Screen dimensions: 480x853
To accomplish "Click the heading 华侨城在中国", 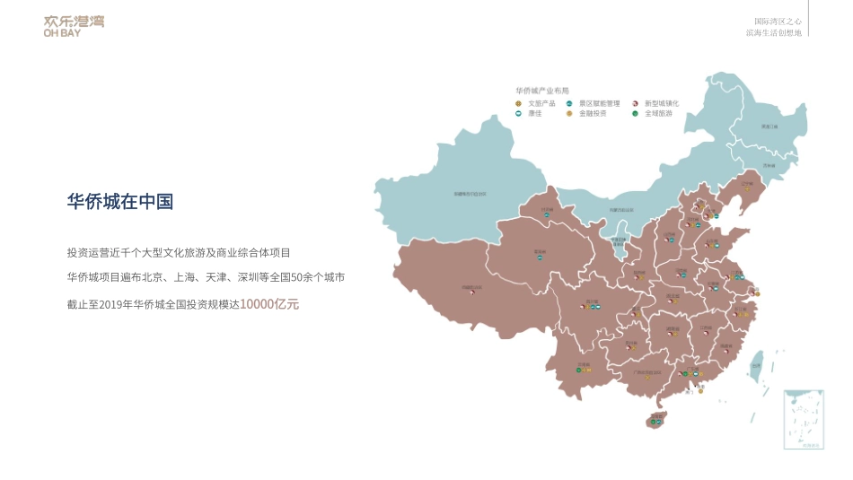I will (119, 202).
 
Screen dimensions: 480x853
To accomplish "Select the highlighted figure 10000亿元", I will (269, 304).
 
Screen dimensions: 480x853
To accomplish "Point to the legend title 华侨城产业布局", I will (542, 91).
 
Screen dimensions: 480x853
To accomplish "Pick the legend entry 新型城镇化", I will (661, 103).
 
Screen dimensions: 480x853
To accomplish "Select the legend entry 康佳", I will (534, 114).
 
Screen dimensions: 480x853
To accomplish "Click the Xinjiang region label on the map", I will (469, 193).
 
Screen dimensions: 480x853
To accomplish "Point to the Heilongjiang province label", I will (769, 127).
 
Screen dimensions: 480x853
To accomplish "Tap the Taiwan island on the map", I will (756, 363).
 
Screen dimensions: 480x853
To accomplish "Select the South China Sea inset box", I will (804, 420).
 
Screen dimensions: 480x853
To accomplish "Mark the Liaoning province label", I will (747, 186).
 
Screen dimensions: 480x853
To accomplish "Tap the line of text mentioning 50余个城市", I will (206, 278).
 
